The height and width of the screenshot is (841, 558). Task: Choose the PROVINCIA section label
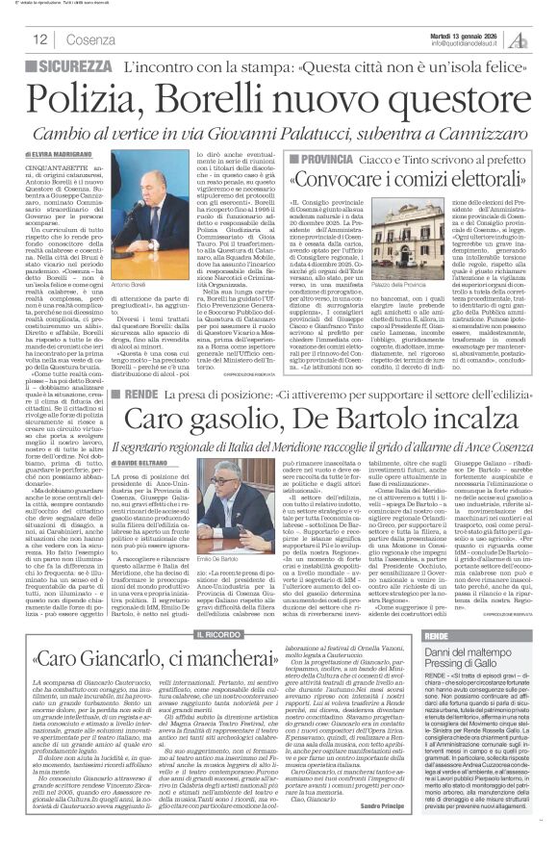[x=320, y=155]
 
